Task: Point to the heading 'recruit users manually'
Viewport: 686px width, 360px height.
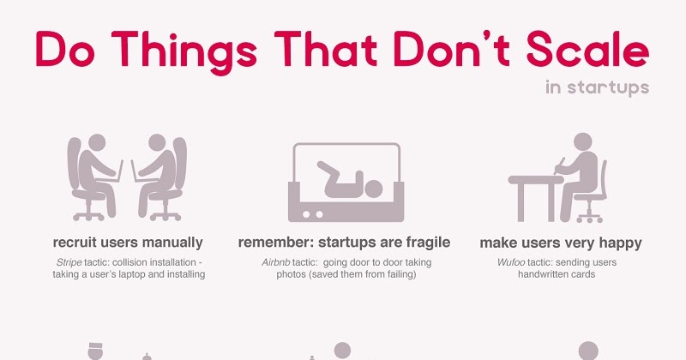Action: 128,242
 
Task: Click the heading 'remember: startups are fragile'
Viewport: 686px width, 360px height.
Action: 344,242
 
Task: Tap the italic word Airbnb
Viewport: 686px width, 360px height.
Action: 280,261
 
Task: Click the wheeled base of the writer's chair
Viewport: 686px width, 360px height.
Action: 586,216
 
